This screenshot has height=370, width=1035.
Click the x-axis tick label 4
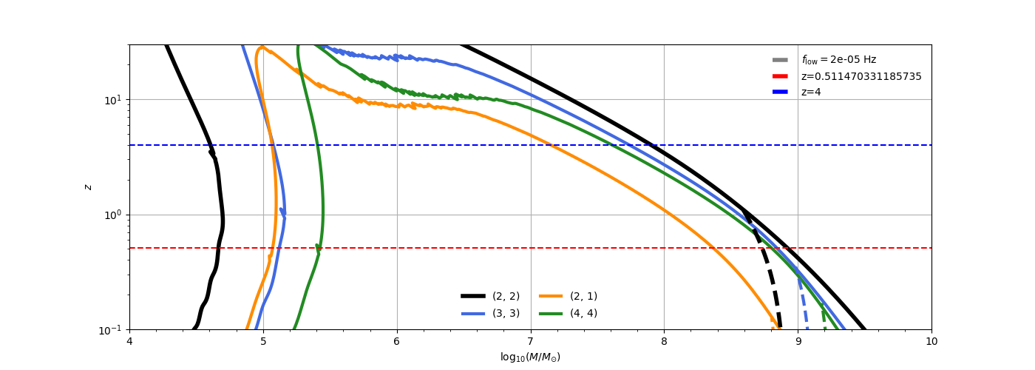pos(129,341)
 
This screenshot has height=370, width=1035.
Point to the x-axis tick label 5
pos(263,341)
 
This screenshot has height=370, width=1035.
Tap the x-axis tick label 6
pos(397,341)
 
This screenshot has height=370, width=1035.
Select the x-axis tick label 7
pos(530,341)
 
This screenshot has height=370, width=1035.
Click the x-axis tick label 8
pos(664,341)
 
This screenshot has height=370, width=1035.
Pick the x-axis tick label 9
pos(798,341)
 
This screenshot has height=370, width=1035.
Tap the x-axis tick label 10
pos(931,341)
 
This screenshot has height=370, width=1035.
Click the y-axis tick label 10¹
pos(113,100)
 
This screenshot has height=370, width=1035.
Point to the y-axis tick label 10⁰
pos(113,215)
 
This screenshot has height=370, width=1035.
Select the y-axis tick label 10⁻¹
pos(111,330)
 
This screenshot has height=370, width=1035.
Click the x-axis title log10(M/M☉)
pos(530,357)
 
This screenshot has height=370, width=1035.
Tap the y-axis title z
pos(89,187)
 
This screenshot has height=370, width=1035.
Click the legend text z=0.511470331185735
pos(861,76)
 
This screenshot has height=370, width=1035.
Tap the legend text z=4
pos(811,92)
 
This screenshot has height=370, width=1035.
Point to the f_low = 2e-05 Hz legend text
pos(838,60)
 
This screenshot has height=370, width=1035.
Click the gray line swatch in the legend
pos(780,60)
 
